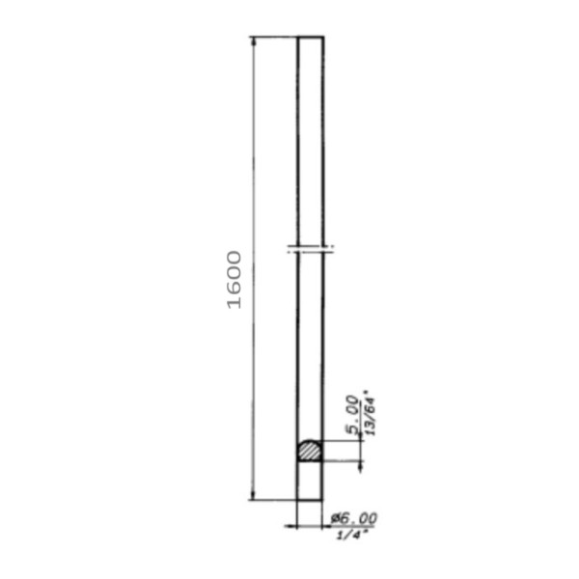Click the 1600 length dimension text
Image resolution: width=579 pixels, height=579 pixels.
click(x=234, y=280)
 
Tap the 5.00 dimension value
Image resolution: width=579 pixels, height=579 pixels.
click(x=352, y=415)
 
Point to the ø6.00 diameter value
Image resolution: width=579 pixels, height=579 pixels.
click(x=354, y=518)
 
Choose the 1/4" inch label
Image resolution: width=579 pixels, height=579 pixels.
click(x=352, y=535)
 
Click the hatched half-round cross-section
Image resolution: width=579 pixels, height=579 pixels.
click(x=310, y=451)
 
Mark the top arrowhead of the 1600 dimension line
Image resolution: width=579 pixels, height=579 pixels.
click(x=253, y=41)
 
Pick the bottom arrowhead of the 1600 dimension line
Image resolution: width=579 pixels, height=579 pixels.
click(x=253, y=495)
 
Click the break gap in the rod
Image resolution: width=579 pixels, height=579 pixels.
click(x=311, y=250)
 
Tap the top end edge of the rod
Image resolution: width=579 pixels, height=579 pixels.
click(x=311, y=37)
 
